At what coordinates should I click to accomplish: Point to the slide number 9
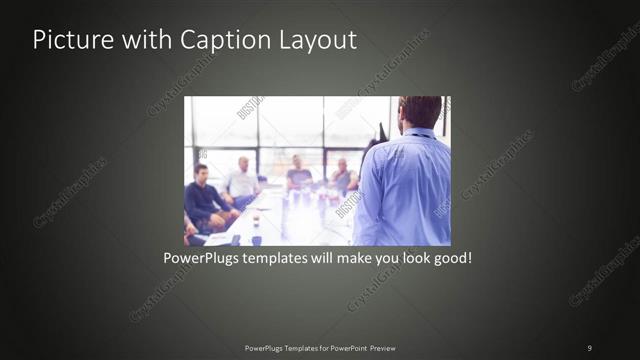590,348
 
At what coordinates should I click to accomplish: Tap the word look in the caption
410,258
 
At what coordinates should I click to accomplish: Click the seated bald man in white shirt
242,180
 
